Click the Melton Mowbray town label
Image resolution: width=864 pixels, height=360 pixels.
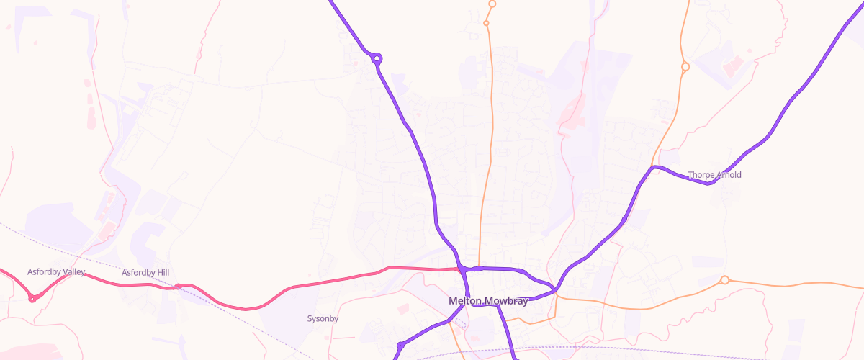tap(487, 301)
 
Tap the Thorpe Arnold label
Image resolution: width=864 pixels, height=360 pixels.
tap(714, 175)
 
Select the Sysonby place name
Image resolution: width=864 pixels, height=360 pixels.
tap(323, 318)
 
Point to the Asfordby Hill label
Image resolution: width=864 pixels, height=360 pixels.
tap(145, 272)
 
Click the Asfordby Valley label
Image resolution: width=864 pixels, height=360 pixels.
tap(56, 271)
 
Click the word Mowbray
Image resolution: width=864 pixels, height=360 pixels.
tap(506, 301)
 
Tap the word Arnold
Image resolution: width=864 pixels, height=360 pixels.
tap(728, 175)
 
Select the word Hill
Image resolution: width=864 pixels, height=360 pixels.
tap(161, 272)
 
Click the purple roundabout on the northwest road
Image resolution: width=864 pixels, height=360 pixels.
tap(377, 58)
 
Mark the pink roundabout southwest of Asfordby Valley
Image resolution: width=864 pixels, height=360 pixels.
tap(32, 298)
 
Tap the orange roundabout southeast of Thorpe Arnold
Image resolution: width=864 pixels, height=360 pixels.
tap(724, 280)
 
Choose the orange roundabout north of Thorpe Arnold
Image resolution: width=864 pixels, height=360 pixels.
tap(685, 67)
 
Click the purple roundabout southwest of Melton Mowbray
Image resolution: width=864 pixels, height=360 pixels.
tap(400, 346)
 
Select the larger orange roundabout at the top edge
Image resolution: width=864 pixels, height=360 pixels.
tap(492, 4)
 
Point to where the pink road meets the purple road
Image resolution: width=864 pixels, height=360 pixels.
tap(461, 269)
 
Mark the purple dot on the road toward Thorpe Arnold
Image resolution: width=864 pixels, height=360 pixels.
tap(624, 219)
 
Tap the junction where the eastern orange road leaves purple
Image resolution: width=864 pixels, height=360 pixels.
tap(557, 292)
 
